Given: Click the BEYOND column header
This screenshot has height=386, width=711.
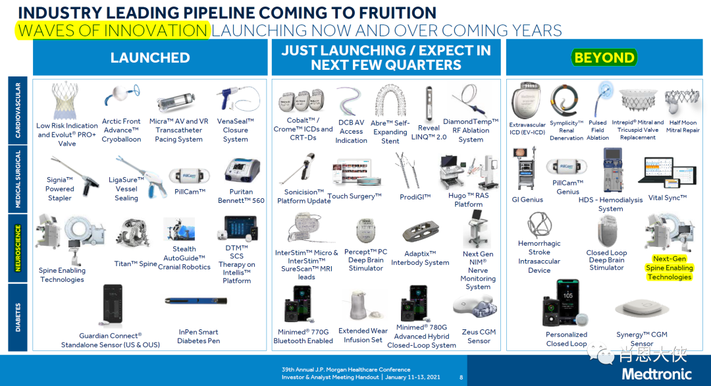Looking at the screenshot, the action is tap(604, 57).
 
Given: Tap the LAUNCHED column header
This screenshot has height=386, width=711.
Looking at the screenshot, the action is tap(150, 57).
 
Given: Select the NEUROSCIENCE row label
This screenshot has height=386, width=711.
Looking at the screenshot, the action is tap(18, 248).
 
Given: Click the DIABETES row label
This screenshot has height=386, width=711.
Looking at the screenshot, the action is tap(18, 317).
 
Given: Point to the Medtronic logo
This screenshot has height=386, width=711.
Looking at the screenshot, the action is tap(656, 373).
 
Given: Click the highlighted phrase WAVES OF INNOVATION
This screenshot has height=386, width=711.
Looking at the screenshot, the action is tap(113, 30).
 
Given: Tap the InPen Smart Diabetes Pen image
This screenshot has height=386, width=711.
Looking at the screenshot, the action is tap(196, 301).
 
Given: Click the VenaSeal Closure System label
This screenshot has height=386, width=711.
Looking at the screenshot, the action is tap(235, 130).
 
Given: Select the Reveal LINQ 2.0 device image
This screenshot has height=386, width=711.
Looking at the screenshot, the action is tap(429, 103).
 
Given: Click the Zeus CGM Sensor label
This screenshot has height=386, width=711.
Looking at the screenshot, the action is tap(479, 336).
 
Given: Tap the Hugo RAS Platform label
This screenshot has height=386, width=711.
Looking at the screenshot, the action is tap(469, 200).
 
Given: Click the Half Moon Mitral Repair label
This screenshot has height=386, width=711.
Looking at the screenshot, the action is tap(683, 126).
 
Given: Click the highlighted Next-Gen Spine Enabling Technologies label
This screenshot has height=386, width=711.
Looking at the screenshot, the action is tap(670, 267).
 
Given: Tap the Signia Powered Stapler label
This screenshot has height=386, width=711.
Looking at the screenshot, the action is tap(59, 188).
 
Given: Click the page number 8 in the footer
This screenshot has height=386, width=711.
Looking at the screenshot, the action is tap(461, 377).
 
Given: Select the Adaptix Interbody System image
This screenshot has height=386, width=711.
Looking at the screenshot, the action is tap(420, 232).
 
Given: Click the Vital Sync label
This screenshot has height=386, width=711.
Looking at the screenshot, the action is tap(668, 198).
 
